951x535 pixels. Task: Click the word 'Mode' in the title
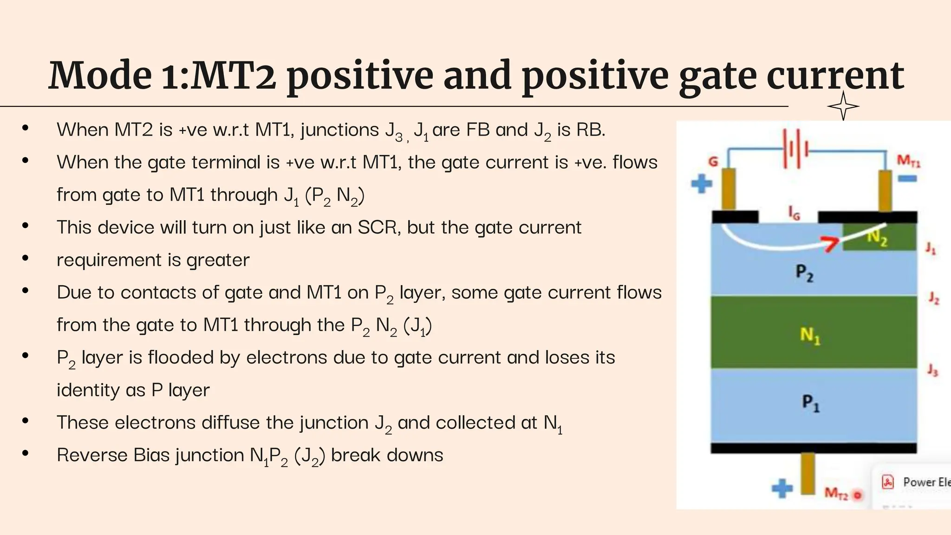pyautogui.click(x=100, y=76)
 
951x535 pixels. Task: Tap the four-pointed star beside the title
pyautogui.click(x=843, y=106)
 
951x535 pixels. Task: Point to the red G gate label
pyautogui.click(x=713, y=162)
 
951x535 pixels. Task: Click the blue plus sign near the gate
pyautogui.click(x=701, y=183)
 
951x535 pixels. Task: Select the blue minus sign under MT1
pyautogui.click(x=907, y=178)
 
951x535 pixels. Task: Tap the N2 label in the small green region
pyautogui.click(x=877, y=238)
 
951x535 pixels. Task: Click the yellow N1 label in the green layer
pyautogui.click(x=810, y=335)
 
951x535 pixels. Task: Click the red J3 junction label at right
pyautogui.click(x=932, y=370)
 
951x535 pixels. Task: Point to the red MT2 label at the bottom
pyautogui.click(x=836, y=493)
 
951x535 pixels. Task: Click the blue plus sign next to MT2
pyautogui.click(x=782, y=488)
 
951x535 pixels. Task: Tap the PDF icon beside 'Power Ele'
pyautogui.click(x=888, y=482)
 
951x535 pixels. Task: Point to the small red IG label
pyautogui.click(x=794, y=213)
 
